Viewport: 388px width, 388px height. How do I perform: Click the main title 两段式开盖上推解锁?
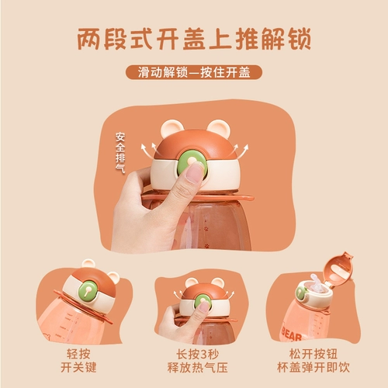tap(194, 38)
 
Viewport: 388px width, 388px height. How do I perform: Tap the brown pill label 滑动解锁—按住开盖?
tap(194, 74)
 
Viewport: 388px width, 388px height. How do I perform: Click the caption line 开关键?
tap(83, 365)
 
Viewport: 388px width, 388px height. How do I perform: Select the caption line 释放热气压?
tap(194, 365)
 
